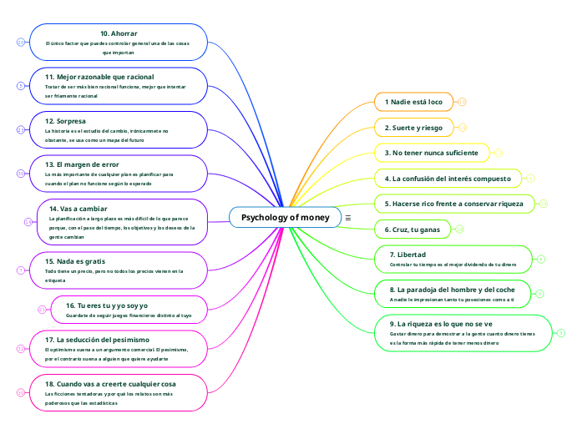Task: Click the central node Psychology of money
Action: pos(285,218)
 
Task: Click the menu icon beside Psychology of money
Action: pos(347,218)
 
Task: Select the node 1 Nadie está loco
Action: pos(414,102)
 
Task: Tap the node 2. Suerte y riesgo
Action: pos(413,128)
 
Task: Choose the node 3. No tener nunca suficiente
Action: pos(431,153)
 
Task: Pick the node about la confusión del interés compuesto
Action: pos(448,179)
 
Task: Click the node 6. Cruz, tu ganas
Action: pos(412,229)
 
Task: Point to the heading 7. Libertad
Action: pos(408,254)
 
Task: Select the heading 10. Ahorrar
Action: pos(119,33)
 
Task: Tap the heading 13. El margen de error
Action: pos(82,164)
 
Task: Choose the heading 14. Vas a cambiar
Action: pos(78,208)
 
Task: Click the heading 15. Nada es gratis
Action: pos(75,261)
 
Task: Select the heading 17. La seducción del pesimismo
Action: pos(97,340)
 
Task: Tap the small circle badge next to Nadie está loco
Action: pos(462,102)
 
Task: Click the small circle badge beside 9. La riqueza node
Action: pos(561,333)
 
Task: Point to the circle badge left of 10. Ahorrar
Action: pos(21,42)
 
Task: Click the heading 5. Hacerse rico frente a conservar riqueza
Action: pos(454,204)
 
